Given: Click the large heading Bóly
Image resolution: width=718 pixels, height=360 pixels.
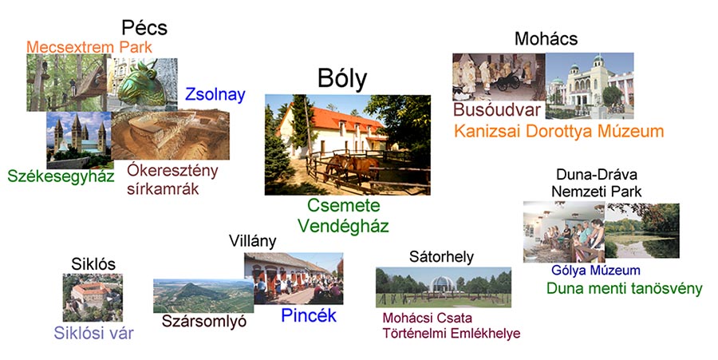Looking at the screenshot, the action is [342, 79].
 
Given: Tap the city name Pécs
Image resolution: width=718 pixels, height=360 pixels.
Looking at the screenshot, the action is [144, 28].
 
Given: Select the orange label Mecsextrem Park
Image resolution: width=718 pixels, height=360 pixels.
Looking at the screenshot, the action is [89, 47].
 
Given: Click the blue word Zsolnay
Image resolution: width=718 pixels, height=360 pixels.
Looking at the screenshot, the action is [215, 95].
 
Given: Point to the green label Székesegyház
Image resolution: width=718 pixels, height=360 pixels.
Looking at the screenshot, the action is [61, 176].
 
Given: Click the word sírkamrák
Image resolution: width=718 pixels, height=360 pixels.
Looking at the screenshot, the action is [163, 189].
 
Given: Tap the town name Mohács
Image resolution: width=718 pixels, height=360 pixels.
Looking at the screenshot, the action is [546, 39].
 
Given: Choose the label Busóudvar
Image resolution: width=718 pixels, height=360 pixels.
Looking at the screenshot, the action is [497, 110].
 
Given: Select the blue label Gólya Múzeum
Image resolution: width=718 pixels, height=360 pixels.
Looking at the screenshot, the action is [596, 271].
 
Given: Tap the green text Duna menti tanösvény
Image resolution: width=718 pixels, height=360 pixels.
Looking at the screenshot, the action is [624, 288].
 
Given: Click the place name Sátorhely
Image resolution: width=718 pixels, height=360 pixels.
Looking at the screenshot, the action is [441, 257].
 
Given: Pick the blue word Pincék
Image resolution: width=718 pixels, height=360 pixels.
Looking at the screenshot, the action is [309, 315].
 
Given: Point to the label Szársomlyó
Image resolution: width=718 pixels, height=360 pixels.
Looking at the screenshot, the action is [203, 322].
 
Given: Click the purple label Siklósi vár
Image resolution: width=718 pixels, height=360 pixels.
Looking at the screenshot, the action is [93, 333].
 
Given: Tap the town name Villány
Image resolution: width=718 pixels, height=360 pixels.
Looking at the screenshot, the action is [253, 241].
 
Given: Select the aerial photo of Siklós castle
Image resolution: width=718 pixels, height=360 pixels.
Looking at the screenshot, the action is [93, 298].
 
